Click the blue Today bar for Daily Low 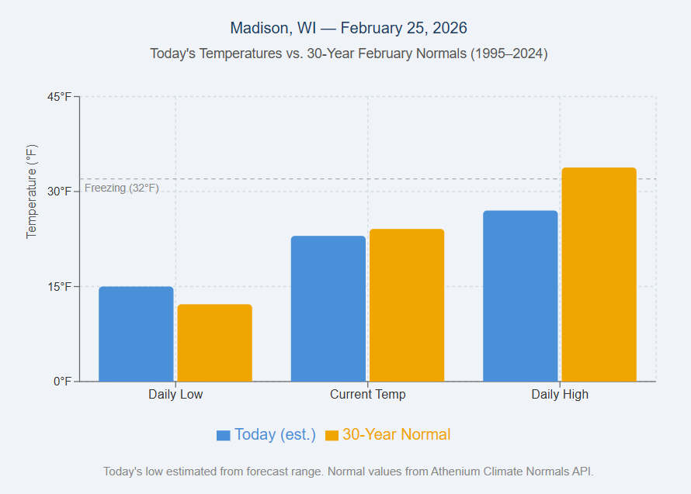136,334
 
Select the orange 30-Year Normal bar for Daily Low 214,343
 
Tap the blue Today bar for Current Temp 328,309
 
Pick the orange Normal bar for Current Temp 406,306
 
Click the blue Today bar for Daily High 520,296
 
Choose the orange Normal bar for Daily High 599,275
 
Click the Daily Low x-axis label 175,394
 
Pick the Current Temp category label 367,394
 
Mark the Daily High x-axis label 560,394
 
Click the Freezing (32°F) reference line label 121,188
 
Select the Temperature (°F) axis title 32,192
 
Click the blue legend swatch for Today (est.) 224,435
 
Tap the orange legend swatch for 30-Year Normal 332,435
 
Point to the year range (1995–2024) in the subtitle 509,54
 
